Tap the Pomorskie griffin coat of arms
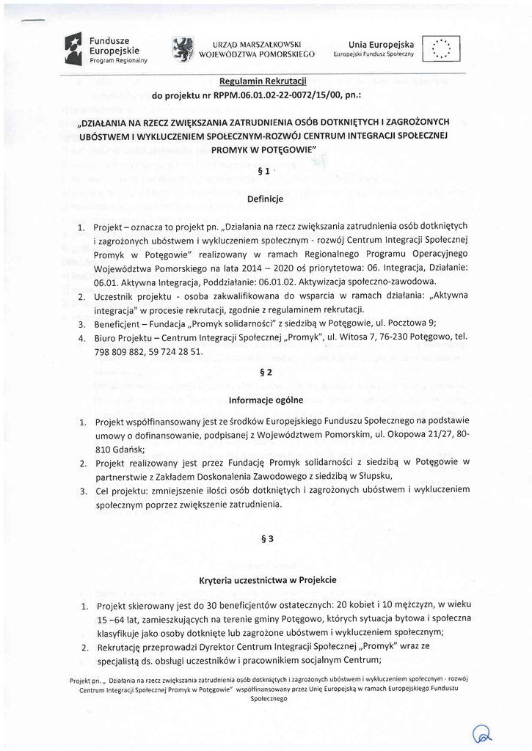[x=181, y=48]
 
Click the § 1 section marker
[x=266, y=172]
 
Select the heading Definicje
[x=266, y=198]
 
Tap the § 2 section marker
[x=266, y=373]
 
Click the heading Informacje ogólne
[x=266, y=400]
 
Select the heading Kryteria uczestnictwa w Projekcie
[x=267, y=579]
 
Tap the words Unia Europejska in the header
[x=381, y=45]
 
